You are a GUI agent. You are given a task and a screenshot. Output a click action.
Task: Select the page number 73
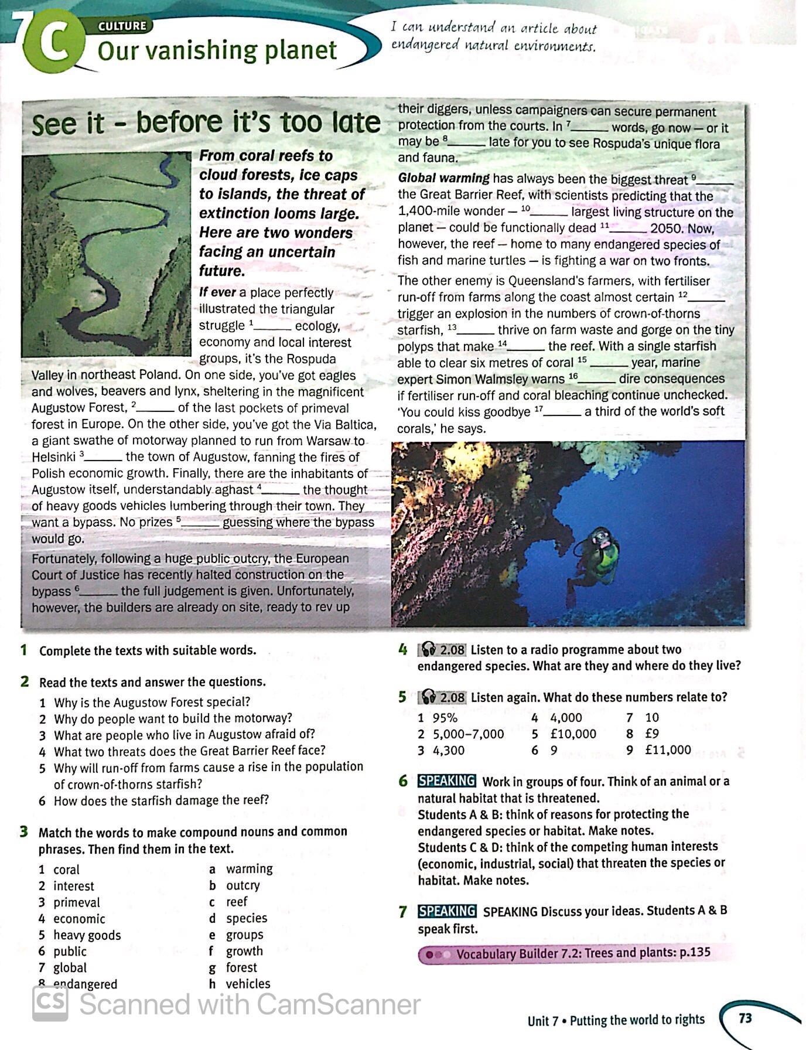click(745, 1018)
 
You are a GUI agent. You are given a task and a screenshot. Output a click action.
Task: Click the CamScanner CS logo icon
click(50, 1004)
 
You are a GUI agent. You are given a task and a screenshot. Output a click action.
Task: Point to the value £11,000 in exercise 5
click(667, 750)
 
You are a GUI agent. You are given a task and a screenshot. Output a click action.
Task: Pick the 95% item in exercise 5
click(445, 718)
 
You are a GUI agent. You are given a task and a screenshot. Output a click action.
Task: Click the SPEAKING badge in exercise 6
click(446, 781)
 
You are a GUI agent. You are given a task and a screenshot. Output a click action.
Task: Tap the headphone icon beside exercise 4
click(429, 650)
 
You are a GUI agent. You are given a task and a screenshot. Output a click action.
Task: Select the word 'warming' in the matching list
click(250, 868)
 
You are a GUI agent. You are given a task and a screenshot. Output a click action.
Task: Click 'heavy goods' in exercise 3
click(87, 935)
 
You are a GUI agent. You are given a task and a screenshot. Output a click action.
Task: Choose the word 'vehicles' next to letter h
click(248, 984)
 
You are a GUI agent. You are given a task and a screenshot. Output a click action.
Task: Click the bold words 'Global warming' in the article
click(443, 179)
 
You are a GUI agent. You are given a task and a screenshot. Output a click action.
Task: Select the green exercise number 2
click(25, 681)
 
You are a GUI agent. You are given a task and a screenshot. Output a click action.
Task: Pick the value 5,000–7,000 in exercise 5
click(468, 734)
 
